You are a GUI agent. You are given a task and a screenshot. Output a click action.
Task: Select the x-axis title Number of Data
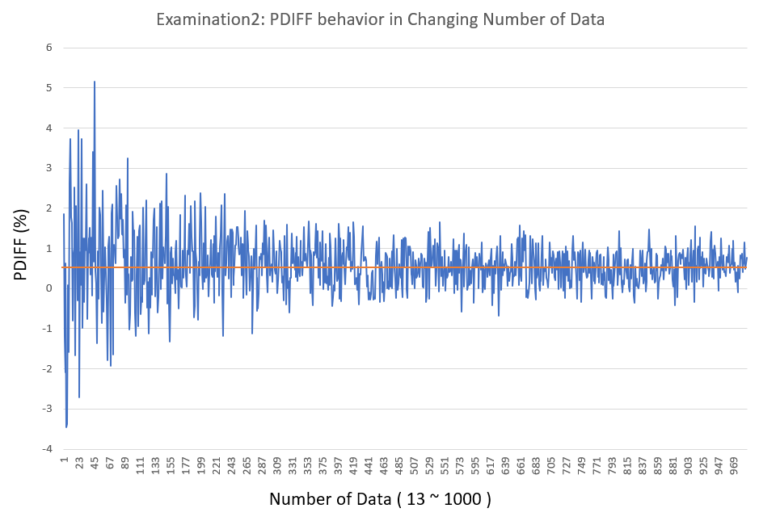click(380, 499)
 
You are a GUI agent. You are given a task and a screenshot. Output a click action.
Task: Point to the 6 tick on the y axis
click(49, 48)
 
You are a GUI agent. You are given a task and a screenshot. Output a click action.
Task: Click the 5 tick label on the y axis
click(49, 88)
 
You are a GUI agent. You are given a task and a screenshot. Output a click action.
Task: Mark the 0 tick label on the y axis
click(49, 288)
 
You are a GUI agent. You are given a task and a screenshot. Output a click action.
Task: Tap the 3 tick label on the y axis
click(49, 168)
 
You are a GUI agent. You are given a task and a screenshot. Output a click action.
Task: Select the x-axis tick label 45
click(95, 464)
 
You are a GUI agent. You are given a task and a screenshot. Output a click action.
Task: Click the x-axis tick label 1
click(64, 461)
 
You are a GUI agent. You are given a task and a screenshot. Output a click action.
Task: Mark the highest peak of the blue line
click(95, 82)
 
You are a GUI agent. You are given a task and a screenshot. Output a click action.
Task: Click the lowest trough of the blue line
click(66, 426)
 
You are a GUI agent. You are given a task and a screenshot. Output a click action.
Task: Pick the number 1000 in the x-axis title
click(464, 499)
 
